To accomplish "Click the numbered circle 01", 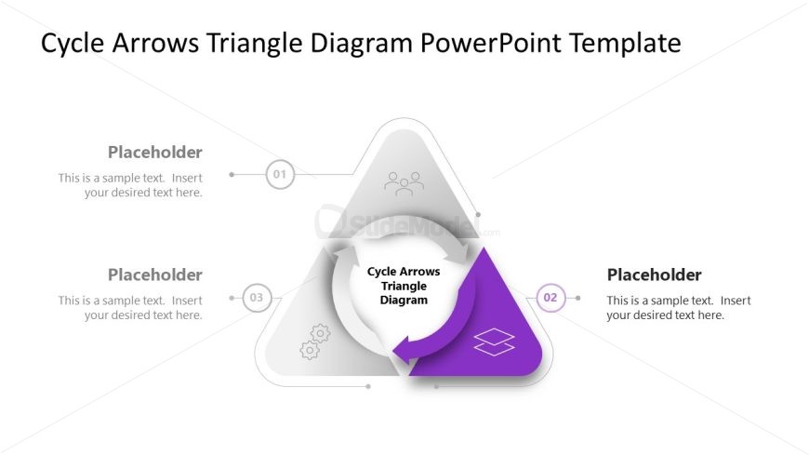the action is coord(280,175).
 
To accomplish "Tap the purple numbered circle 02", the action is coord(550,298).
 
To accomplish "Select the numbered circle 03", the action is coord(257,298).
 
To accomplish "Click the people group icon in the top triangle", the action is coord(404,184).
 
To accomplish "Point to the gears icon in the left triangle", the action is coord(314,341).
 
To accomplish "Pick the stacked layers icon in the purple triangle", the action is coord(495,341).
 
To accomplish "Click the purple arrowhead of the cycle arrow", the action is coord(405,350).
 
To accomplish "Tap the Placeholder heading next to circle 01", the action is coord(154,153).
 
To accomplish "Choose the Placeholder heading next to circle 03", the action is coord(154,274).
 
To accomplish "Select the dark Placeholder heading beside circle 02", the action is coord(655,274).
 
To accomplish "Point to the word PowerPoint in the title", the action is coord(491,43).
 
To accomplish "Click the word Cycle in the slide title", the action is coord(73,44).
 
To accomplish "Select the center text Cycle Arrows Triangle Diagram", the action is coord(404,286).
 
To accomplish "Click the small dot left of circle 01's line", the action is coord(232,175).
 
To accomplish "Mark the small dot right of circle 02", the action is coord(577,298).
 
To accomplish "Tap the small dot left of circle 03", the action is coord(232,298).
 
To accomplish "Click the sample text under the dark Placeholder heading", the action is coord(679,308).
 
